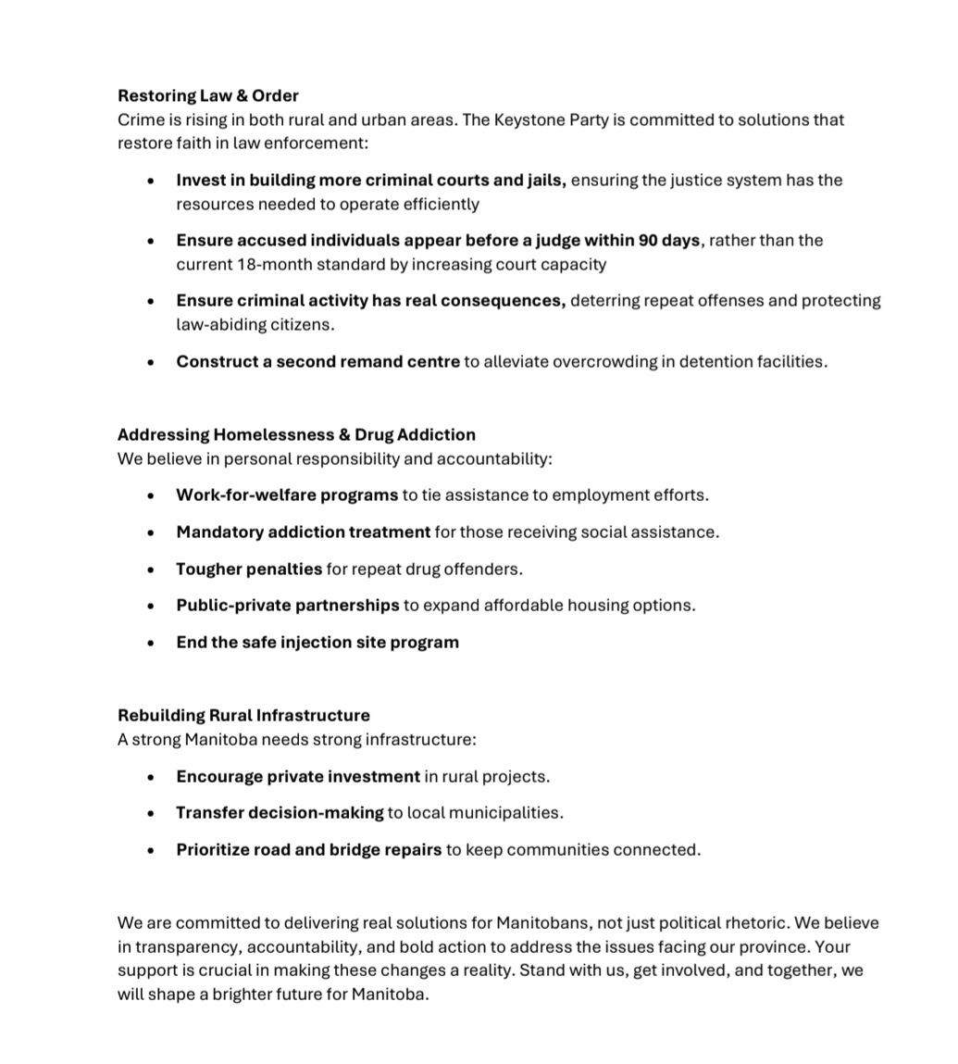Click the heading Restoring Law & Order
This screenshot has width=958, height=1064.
click(207, 95)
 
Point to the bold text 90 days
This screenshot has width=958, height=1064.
click(668, 240)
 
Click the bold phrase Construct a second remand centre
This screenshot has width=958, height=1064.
click(317, 361)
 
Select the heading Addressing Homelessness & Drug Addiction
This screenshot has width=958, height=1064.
click(296, 434)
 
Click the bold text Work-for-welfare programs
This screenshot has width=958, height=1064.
click(287, 494)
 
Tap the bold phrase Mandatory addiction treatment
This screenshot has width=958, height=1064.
click(303, 532)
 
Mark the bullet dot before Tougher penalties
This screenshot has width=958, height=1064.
click(151, 570)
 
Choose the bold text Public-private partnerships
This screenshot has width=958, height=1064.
click(288, 605)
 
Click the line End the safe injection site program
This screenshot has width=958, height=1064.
click(317, 642)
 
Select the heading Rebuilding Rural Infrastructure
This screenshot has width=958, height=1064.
click(243, 715)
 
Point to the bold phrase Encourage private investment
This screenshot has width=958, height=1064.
click(298, 776)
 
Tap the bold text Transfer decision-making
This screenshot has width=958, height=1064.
click(280, 812)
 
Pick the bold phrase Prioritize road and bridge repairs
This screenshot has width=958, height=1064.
click(308, 849)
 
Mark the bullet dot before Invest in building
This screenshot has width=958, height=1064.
click(151, 181)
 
